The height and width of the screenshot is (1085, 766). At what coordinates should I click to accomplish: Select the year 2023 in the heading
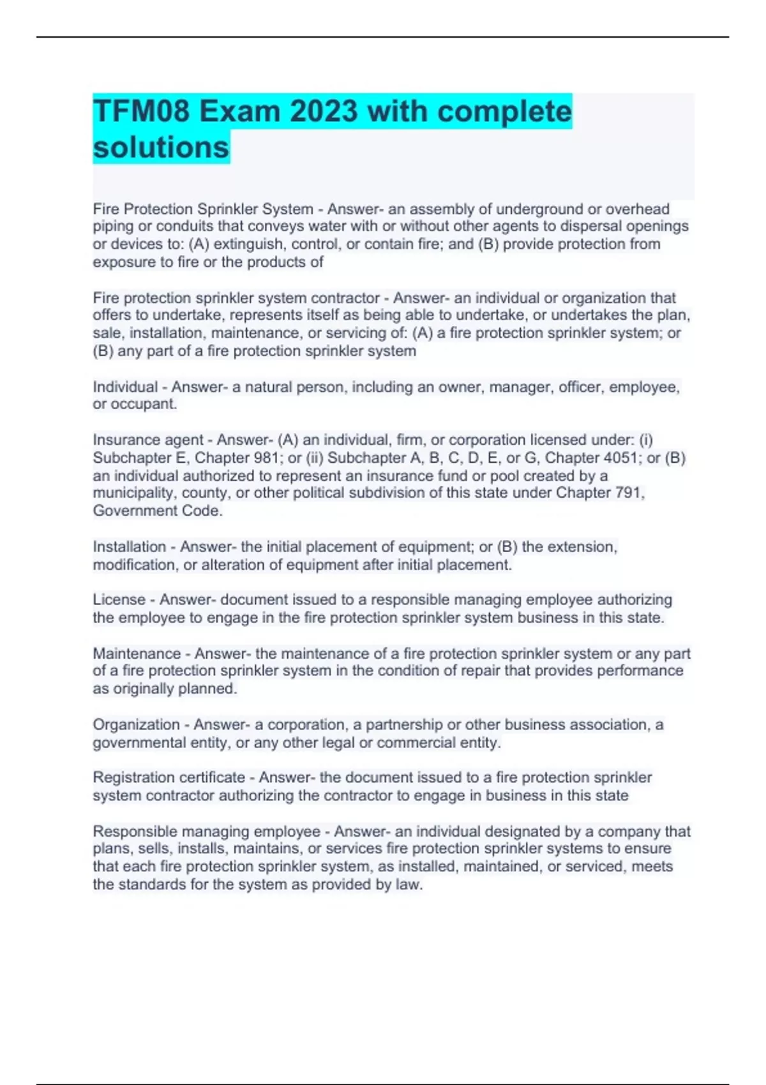[324, 112]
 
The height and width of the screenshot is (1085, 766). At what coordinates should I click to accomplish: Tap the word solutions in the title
[161, 147]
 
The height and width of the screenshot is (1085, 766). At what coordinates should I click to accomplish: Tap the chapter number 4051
[621, 458]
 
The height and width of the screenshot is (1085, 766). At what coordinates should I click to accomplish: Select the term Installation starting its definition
[130, 547]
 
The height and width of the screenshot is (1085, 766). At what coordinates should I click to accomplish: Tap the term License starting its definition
[119, 600]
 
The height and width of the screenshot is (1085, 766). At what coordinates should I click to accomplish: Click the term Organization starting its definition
[137, 725]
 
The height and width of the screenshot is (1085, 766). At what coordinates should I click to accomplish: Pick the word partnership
[404, 725]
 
